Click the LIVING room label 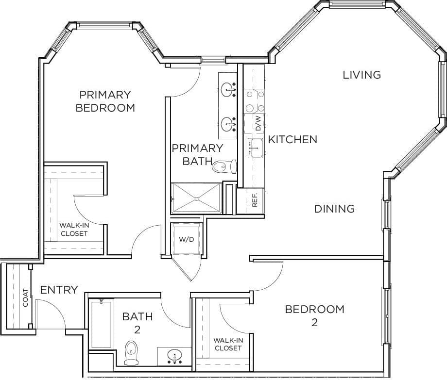[x=361, y=75]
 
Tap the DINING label [x=334, y=209]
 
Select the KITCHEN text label [x=292, y=139]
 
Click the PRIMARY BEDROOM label [x=105, y=101]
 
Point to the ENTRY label [x=59, y=290]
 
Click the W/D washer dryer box [x=187, y=239]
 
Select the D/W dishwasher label [x=258, y=124]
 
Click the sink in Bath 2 [x=173, y=356]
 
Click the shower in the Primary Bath [x=196, y=198]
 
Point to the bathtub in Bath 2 [x=101, y=324]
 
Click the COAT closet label [x=25, y=298]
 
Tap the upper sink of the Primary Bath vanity [x=227, y=89]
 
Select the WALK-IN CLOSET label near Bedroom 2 [x=227, y=344]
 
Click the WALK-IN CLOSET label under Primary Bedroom [x=74, y=229]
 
